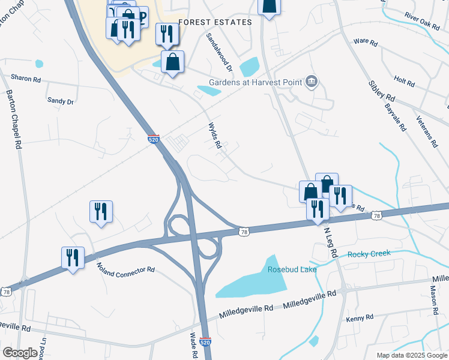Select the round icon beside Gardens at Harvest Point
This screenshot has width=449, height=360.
pyautogui.click(x=311, y=82)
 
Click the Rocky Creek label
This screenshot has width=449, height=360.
pyautogui.click(x=369, y=254)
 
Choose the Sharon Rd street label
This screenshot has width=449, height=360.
pyautogui.click(x=26, y=79)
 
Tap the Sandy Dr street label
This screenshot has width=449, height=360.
pyautogui.click(x=60, y=101)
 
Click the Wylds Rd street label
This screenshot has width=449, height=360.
pyautogui.click(x=215, y=137)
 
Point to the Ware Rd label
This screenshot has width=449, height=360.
pyautogui.click(x=366, y=42)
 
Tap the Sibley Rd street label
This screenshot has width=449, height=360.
pyautogui.click(x=382, y=89)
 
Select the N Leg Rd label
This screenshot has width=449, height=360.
pyautogui.click(x=330, y=242)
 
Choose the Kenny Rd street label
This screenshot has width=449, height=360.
pyautogui.click(x=360, y=317)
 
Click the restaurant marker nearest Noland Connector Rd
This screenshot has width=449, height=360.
pyautogui.click(x=73, y=258)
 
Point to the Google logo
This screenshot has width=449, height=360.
pyautogui.click(x=19, y=353)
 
